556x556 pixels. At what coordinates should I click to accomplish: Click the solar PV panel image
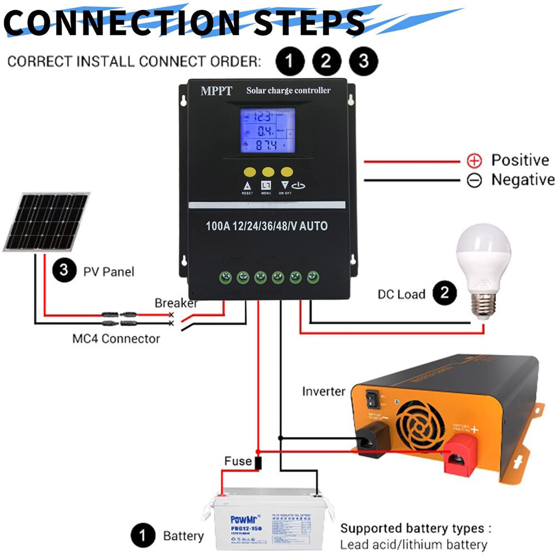point(47,221)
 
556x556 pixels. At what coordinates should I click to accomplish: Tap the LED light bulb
point(483,267)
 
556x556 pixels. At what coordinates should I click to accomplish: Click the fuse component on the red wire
point(258,463)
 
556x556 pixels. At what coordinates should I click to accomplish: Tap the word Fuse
point(238,461)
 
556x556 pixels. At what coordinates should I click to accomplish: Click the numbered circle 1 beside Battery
point(143,537)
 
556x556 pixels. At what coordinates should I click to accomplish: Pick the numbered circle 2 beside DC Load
point(444,294)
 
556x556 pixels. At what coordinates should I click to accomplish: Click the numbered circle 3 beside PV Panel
point(64,271)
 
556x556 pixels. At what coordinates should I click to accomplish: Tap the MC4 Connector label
point(116,338)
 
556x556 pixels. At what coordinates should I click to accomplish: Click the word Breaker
point(176,303)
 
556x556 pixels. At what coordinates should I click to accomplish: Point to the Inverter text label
point(324,391)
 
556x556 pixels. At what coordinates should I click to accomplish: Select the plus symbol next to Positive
point(474,161)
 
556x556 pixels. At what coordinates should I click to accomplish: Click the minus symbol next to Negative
point(474,181)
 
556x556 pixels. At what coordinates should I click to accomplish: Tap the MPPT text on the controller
point(216,91)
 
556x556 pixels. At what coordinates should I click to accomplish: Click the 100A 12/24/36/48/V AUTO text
point(266,226)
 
